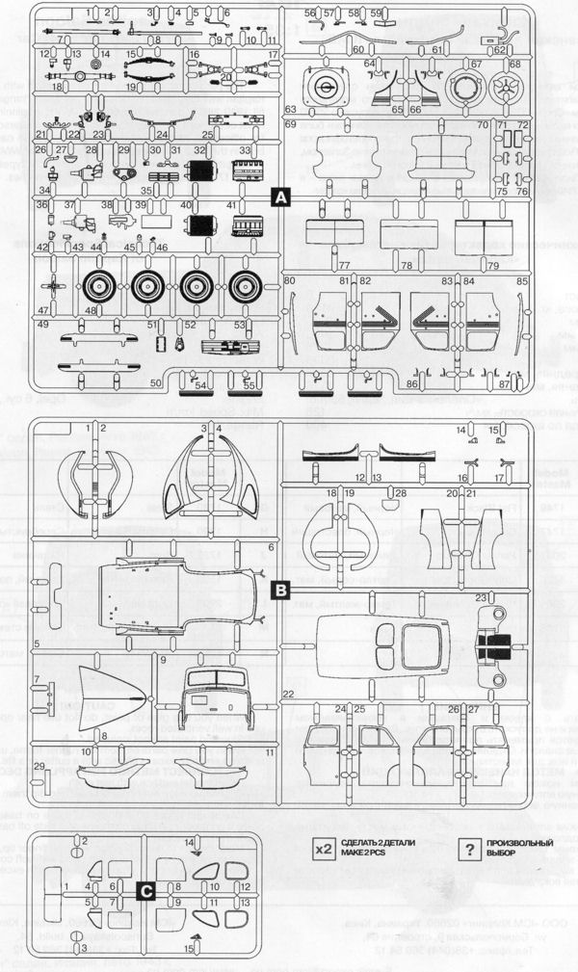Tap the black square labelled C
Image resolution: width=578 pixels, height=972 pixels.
[144, 891]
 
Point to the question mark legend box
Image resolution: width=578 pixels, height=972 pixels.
[468, 849]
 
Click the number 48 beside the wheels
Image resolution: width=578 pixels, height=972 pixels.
[91, 310]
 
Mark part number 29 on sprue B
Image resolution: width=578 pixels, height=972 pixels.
[38, 765]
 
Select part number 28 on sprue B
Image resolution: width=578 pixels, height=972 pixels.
[402, 493]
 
